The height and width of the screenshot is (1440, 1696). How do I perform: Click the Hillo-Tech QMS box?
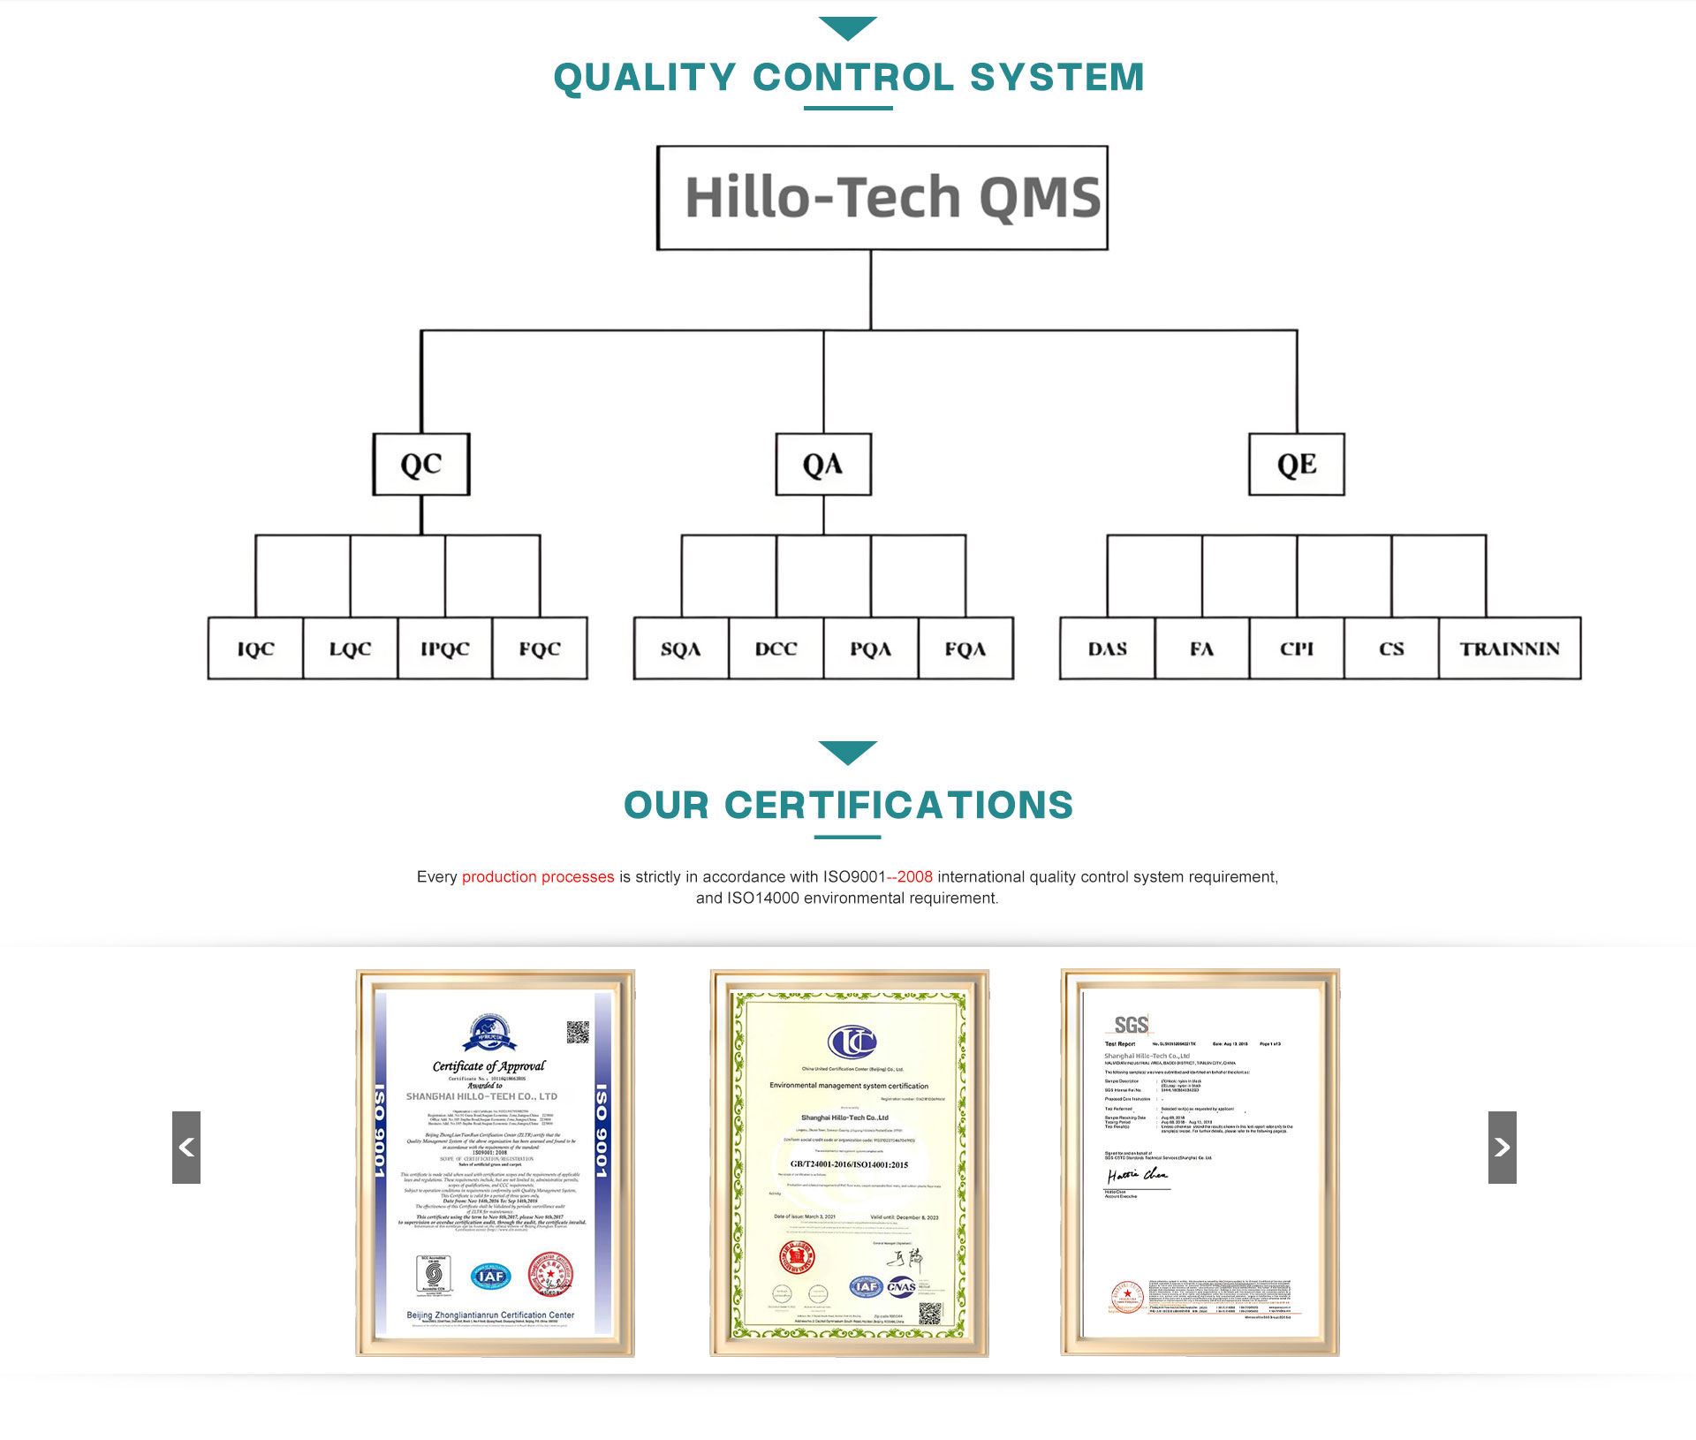tap(882, 198)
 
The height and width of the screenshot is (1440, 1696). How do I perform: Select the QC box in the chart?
tap(421, 465)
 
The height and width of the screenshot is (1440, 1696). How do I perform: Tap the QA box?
tap(823, 465)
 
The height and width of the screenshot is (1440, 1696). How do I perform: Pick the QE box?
tap(1296, 465)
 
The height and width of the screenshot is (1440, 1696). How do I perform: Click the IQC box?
tap(255, 648)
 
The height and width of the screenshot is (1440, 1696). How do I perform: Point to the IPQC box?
tap(445, 648)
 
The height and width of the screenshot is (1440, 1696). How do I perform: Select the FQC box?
tap(540, 648)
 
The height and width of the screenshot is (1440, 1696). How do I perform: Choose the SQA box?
tap(681, 648)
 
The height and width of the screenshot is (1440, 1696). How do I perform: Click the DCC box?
tap(776, 648)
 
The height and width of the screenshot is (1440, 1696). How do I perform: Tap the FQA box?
tap(965, 648)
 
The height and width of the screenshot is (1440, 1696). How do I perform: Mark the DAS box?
tap(1107, 648)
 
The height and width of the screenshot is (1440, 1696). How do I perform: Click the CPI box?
tap(1297, 648)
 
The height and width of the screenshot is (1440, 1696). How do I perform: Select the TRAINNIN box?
tap(1510, 648)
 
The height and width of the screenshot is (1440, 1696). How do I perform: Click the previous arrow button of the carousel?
tap(186, 1147)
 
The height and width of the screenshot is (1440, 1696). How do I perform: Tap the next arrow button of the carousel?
tap(1502, 1147)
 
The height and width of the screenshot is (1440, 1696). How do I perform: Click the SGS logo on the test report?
tap(1131, 1025)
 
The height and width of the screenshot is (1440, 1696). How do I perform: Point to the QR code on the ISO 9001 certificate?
tap(578, 1032)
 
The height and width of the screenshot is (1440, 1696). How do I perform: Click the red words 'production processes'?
tap(538, 876)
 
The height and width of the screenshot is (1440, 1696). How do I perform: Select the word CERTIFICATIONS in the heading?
tap(898, 805)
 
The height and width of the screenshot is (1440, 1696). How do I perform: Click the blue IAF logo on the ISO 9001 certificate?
tap(491, 1276)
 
